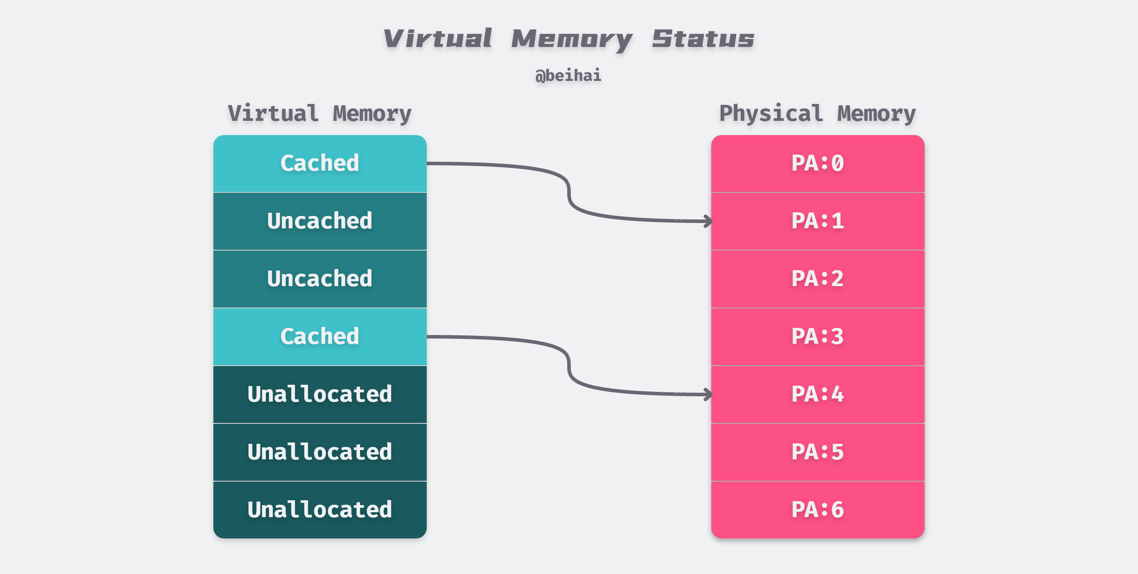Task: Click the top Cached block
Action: click(x=320, y=163)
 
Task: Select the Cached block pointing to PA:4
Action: click(x=320, y=337)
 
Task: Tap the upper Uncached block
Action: click(x=320, y=221)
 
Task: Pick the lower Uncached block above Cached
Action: click(x=320, y=279)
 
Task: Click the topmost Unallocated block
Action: click(x=320, y=395)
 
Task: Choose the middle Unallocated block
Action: click(x=320, y=452)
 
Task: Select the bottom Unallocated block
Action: click(x=320, y=510)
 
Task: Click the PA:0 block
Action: click(x=817, y=163)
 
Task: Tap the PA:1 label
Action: click(x=817, y=221)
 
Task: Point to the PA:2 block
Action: click(x=817, y=279)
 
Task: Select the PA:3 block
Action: click(x=817, y=337)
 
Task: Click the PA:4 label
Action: click(x=817, y=395)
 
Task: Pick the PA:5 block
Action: click(x=817, y=452)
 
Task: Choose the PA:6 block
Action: click(x=817, y=510)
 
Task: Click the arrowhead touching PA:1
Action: click(x=708, y=221)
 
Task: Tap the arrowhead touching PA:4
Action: click(x=708, y=394)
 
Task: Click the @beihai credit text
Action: click(x=568, y=76)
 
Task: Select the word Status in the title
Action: click(x=703, y=39)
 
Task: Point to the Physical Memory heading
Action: click(x=817, y=114)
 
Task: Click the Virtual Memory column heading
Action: click(x=320, y=114)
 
